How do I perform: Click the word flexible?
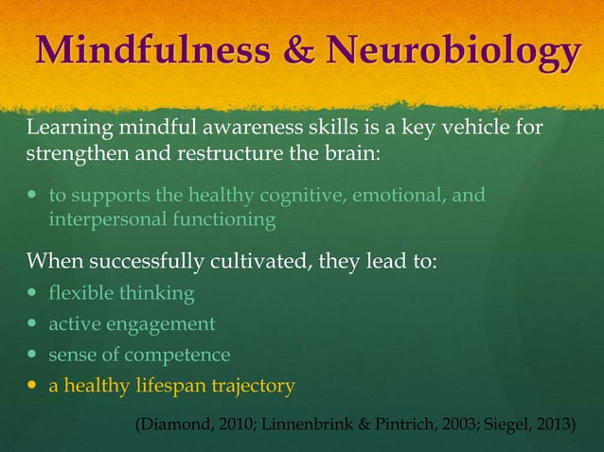pyautogui.click(x=80, y=294)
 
